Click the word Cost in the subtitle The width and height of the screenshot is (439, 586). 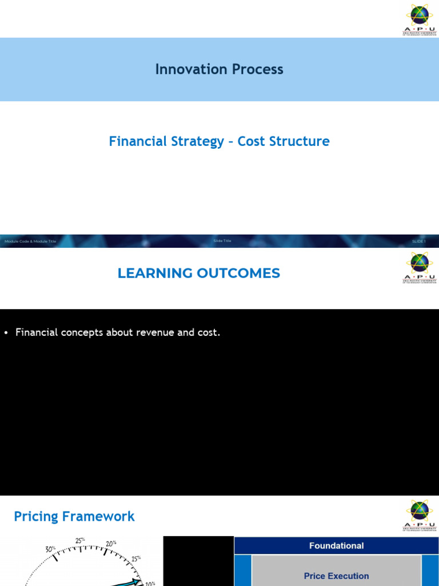click(x=249, y=141)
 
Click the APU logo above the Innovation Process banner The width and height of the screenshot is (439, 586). click(x=420, y=19)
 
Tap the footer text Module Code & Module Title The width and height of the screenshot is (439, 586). click(x=30, y=241)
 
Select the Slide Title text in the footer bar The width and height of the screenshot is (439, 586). click(x=222, y=241)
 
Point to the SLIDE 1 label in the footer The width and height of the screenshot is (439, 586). click(x=419, y=241)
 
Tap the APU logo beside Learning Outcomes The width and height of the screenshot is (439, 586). click(x=420, y=267)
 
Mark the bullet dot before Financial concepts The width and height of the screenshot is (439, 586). click(x=6, y=332)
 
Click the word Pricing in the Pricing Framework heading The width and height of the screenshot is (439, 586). click(x=36, y=517)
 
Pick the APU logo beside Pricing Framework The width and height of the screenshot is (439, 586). click(x=420, y=515)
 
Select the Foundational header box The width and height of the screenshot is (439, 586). click(x=336, y=546)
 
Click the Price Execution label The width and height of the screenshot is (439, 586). click(x=336, y=576)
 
